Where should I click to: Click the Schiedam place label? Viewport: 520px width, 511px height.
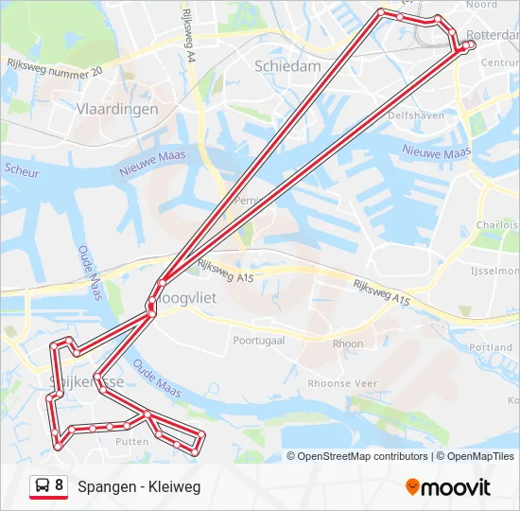pos(288,65)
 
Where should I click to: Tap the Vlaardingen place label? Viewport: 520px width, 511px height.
pos(116,109)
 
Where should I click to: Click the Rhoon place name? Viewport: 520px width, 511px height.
pos(348,344)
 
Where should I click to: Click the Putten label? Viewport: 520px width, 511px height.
pos(131,441)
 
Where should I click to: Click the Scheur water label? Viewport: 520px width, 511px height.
pos(22,170)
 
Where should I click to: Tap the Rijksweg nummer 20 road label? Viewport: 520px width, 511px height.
pos(54,68)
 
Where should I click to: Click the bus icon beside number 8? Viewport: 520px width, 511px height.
pos(43,486)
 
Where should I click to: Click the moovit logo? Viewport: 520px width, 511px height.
pos(448,487)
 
